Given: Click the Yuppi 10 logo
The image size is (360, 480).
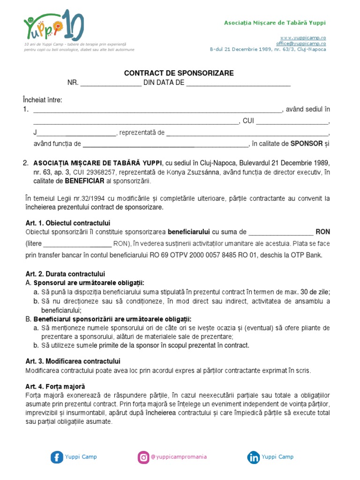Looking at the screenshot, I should [x=54, y=26].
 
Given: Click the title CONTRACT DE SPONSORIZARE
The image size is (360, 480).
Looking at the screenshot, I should [x=179, y=74].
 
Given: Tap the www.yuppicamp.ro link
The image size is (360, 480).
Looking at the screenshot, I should [x=310, y=37].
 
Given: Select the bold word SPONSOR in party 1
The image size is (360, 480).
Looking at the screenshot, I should [x=307, y=143].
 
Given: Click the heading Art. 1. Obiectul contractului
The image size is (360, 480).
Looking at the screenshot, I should [x=67, y=223].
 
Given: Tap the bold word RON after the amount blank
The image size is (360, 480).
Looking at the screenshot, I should [x=322, y=232].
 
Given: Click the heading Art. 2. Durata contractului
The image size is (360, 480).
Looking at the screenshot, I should [x=65, y=274].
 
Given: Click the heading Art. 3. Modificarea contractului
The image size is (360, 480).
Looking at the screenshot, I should [x=73, y=361].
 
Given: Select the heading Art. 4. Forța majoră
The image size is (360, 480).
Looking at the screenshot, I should [x=55, y=387].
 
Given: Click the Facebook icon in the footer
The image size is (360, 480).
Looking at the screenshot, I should [x=57, y=457].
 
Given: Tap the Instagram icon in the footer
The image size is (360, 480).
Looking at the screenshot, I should [x=143, y=457].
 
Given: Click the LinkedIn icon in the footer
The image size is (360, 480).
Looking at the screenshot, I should [x=254, y=457].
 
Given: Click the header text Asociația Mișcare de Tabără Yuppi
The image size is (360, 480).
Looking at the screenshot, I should [x=275, y=23].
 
